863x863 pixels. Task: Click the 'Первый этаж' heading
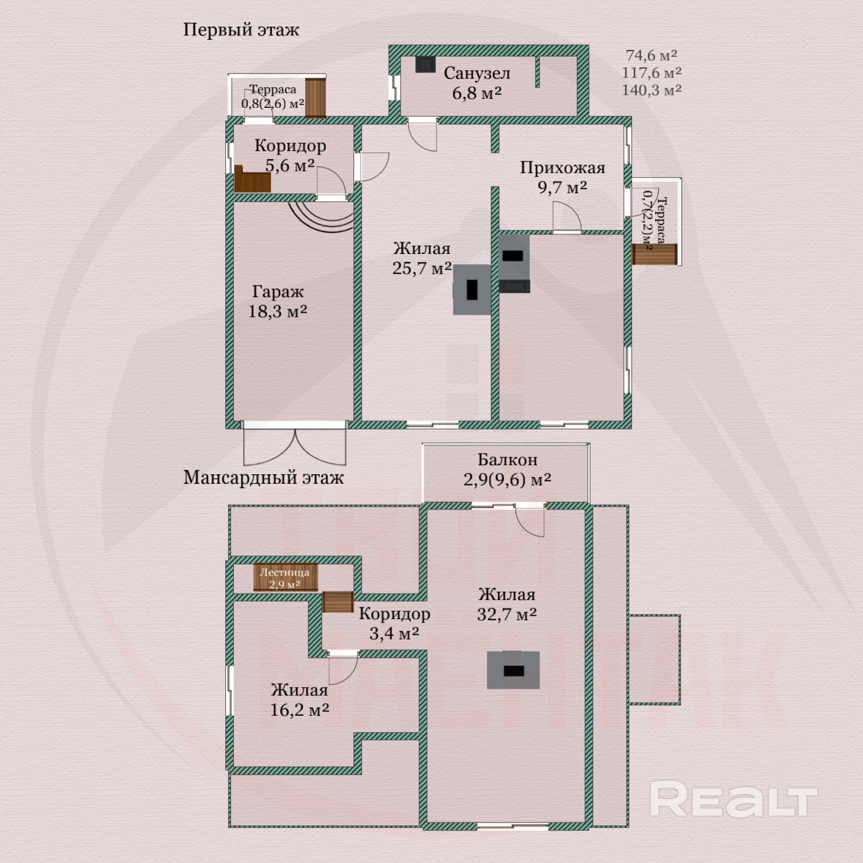241,30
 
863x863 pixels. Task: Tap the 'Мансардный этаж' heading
264,478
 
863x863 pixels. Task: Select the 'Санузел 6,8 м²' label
477,83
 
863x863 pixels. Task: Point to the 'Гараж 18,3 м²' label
278,301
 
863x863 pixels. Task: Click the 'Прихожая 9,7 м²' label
562,177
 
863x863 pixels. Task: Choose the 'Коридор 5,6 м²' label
290,155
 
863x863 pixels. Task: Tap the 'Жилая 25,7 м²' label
422,258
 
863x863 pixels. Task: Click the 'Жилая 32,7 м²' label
507,604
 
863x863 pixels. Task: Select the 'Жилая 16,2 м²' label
299,700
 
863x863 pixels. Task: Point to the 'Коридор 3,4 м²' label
394,624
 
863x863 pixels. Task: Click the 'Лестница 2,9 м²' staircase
285,578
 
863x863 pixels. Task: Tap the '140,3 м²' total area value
652,90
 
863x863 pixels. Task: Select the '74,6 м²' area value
652,55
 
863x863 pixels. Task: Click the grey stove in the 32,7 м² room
513,670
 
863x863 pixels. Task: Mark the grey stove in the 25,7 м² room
472,289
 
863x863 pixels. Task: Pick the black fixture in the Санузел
425,65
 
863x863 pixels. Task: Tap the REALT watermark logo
733,800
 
